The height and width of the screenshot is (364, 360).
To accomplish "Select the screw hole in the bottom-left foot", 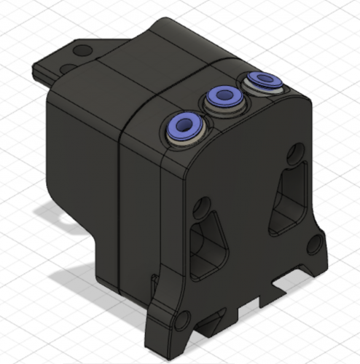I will click(x=179, y=320).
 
